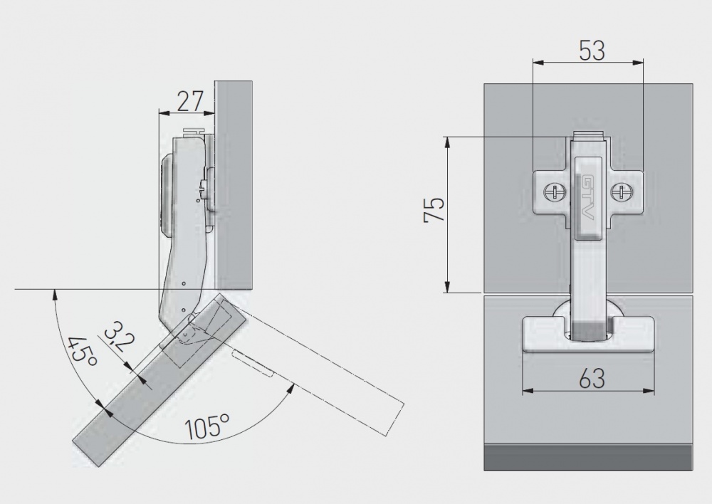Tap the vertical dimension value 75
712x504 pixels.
pos(434,211)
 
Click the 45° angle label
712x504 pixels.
pos(81,352)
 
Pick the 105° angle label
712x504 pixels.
pos(206,428)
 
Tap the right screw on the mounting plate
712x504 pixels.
pos(622,191)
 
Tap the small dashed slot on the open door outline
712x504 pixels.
pos(253,364)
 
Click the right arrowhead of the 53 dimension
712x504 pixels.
pos(639,62)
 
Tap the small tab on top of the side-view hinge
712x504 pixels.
pos(193,132)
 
